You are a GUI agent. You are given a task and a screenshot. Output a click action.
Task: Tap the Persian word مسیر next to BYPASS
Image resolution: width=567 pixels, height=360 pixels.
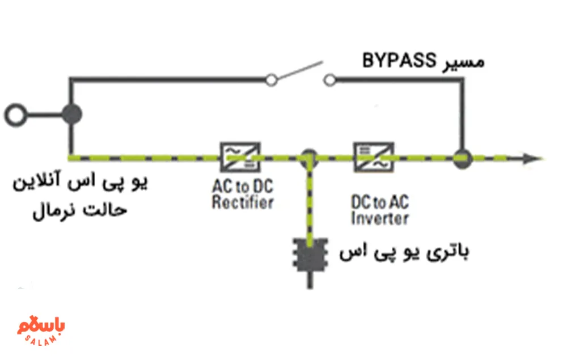(x=462, y=61)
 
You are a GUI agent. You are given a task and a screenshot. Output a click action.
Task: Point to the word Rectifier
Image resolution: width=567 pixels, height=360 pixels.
(x=243, y=202)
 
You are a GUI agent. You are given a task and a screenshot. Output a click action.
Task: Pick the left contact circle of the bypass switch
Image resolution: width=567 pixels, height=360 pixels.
(x=272, y=81)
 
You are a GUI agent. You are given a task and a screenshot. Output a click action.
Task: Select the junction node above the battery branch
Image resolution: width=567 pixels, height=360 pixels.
(x=309, y=156)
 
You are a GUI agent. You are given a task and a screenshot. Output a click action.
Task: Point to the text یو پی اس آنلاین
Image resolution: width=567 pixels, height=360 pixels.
(x=79, y=184)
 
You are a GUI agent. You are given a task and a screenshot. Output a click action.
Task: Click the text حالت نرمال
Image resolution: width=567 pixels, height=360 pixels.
(x=79, y=211)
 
